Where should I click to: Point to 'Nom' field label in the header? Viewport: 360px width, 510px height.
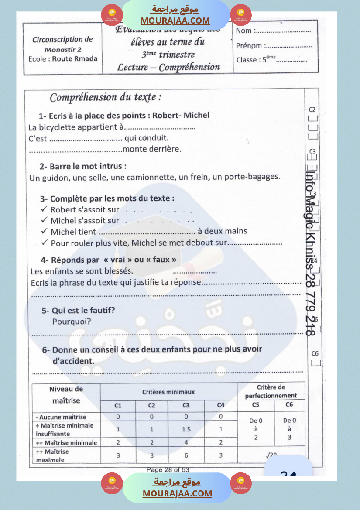244,31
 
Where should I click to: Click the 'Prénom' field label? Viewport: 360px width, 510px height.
249,46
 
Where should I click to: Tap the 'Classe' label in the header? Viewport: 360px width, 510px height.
247,60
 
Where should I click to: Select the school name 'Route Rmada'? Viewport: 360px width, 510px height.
75,58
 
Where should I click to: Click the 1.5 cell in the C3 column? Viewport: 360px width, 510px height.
186,429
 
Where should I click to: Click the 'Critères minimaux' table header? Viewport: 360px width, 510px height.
168,392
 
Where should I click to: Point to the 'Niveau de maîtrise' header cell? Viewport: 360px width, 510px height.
66,394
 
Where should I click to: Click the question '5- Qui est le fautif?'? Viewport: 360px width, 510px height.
79,311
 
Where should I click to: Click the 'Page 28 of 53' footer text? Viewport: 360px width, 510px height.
168,470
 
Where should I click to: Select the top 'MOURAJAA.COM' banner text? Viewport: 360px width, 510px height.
175,21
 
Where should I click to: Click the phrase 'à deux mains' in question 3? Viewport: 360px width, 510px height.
222,231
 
